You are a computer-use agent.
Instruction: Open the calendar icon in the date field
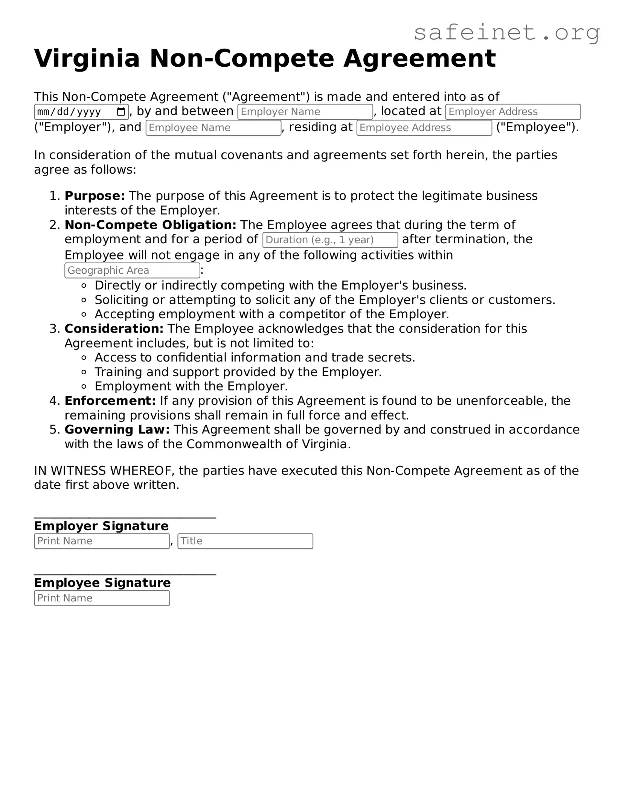(x=121, y=112)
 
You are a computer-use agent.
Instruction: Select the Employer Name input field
(x=305, y=112)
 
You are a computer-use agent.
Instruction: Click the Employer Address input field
(x=513, y=112)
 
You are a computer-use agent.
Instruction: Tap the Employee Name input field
(x=213, y=128)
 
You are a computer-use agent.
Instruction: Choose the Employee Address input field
(x=424, y=128)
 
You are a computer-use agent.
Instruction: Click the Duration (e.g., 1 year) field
(x=330, y=240)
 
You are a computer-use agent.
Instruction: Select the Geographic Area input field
(x=132, y=270)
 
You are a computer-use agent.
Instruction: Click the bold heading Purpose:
(x=95, y=196)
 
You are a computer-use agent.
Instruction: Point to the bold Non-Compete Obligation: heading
(x=150, y=225)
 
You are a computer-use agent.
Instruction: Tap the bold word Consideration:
(x=114, y=329)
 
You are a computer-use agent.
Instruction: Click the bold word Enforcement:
(x=110, y=401)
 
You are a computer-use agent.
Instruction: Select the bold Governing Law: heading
(x=117, y=430)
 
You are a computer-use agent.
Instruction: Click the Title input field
(x=245, y=541)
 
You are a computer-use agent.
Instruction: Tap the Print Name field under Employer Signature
(x=102, y=541)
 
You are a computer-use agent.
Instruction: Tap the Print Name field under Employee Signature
(x=102, y=598)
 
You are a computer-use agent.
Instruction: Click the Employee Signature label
(x=102, y=583)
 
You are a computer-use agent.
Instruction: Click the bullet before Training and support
(x=84, y=372)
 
